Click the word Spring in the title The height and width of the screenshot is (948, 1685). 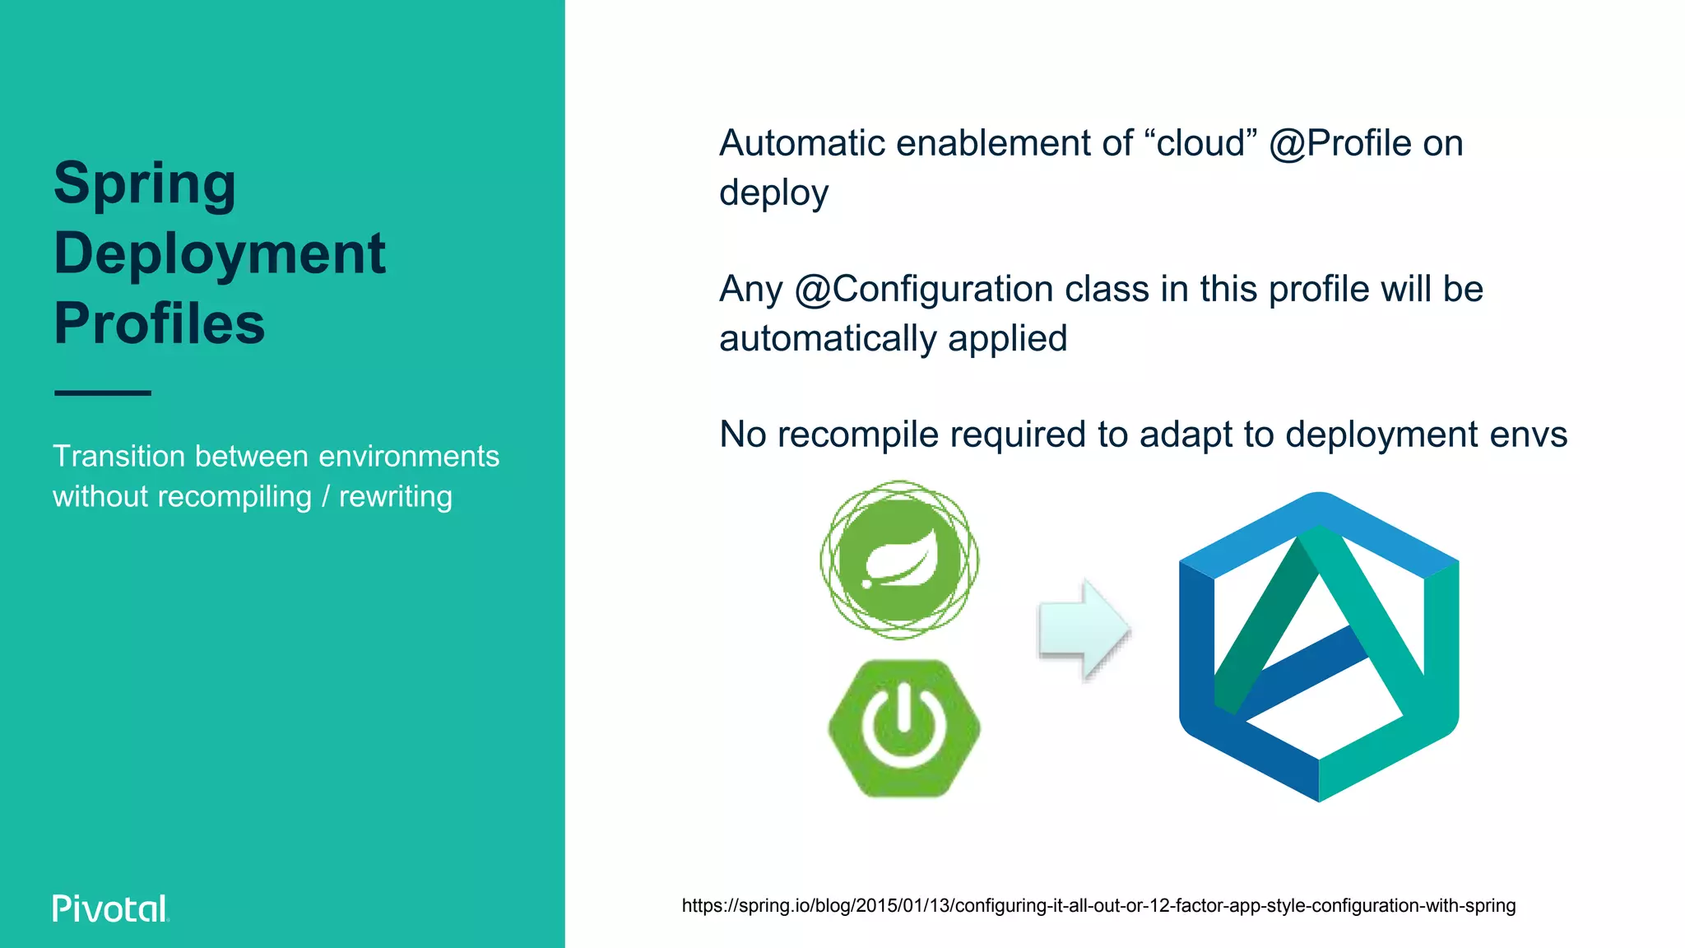145,184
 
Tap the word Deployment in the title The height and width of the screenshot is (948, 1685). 220,253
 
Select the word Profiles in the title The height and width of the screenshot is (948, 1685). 160,323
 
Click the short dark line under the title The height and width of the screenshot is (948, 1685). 103,393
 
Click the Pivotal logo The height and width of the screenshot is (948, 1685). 110,908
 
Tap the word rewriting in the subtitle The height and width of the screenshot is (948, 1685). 396,497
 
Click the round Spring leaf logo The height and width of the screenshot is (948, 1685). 899,560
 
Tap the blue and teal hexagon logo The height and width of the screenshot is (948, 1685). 1318,647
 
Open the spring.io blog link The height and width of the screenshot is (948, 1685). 1098,906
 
